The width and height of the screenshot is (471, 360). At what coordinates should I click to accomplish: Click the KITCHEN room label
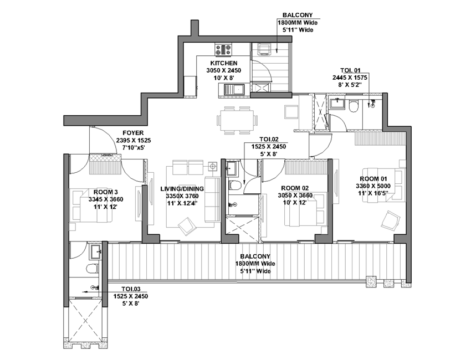[x=223, y=63]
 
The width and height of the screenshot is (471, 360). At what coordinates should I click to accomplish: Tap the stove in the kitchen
[x=223, y=49]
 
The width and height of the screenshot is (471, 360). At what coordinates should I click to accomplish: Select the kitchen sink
[x=234, y=90]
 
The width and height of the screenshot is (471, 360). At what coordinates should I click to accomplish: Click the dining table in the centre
[x=237, y=120]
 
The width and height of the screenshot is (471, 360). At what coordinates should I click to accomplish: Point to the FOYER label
[x=133, y=133]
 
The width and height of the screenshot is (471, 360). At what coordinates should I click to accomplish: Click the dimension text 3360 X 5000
[x=373, y=186]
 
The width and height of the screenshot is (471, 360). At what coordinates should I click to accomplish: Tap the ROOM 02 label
[x=295, y=188]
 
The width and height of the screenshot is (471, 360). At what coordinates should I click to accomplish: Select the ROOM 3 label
[x=106, y=192]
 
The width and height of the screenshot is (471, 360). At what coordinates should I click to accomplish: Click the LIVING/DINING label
[x=182, y=188]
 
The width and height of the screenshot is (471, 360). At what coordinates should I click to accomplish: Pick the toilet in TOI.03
[x=92, y=268]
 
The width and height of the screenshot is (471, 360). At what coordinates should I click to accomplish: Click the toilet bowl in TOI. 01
[x=354, y=106]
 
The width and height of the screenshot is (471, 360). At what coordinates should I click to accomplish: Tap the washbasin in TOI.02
[x=232, y=169]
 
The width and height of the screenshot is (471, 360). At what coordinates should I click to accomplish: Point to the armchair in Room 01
[x=391, y=220]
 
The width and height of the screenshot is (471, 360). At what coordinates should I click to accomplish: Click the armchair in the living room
[x=187, y=227]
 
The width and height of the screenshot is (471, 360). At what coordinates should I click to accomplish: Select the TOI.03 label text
[x=131, y=289]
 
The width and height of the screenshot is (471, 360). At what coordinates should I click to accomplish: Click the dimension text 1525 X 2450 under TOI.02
[x=269, y=147]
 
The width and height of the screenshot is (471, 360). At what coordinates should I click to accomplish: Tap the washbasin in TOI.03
[x=95, y=251]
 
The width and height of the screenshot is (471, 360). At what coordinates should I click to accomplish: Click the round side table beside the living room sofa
[x=213, y=166]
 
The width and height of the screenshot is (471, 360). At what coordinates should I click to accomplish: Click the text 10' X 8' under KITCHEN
[x=223, y=78]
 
